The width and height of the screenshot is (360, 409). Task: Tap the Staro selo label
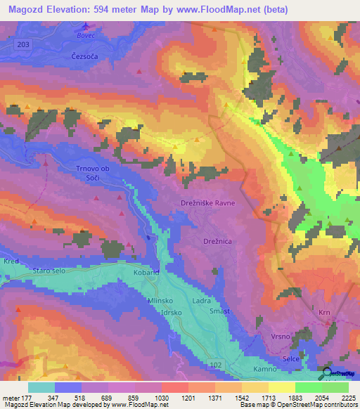pos(49,270)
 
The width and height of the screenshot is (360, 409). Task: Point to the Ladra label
pos(202,300)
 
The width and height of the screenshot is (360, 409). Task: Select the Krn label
pos(324,312)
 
